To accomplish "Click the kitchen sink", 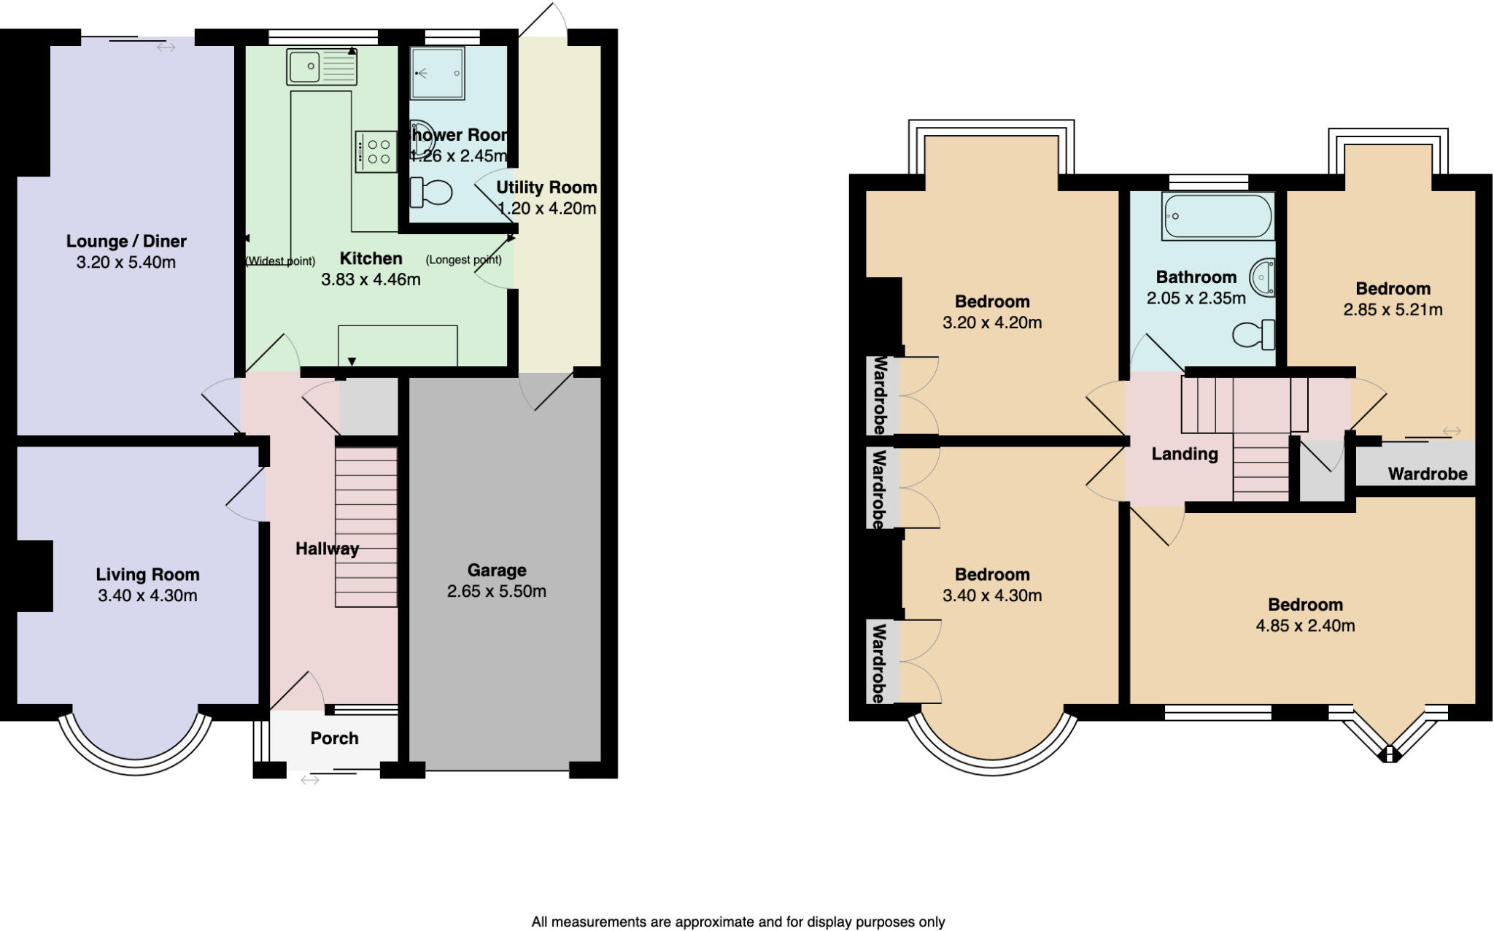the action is pyautogui.click(x=322, y=66).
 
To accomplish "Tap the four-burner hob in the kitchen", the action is pyautogui.click(x=376, y=152).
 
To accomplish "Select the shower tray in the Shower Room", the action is pyautogui.click(x=437, y=73).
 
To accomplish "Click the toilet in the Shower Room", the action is pyautogui.click(x=431, y=193).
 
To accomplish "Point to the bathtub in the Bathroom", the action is pyautogui.click(x=1218, y=216).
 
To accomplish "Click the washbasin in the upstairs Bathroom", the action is pyautogui.click(x=1263, y=278).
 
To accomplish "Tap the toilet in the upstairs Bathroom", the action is pyautogui.click(x=1253, y=335).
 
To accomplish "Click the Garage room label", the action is pyautogui.click(x=497, y=571).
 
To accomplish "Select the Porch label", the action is pyautogui.click(x=335, y=738).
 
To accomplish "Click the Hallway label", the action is pyautogui.click(x=327, y=549).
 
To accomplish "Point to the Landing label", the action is pyautogui.click(x=1185, y=454).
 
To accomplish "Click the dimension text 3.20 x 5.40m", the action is pyautogui.click(x=126, y=263).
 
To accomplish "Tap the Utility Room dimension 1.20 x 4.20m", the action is pyautogui.click(x=547, y=209).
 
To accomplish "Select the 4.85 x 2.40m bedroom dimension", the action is pyautogui.click(x=1305, y=626).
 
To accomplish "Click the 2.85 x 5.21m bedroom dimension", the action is pyautogui.click(x=1393, y=310).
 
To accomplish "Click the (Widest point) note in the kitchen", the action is pyautogui.click(x=280, y=260).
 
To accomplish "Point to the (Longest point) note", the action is pyautogui.click(x=464, y=260).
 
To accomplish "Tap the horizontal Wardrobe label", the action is pyautogui.click(x=1428, y=474).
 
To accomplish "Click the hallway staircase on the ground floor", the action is pyautogui.click(x=366, y=527).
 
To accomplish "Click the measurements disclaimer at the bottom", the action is pyautogui.click(x=738, y=922).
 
